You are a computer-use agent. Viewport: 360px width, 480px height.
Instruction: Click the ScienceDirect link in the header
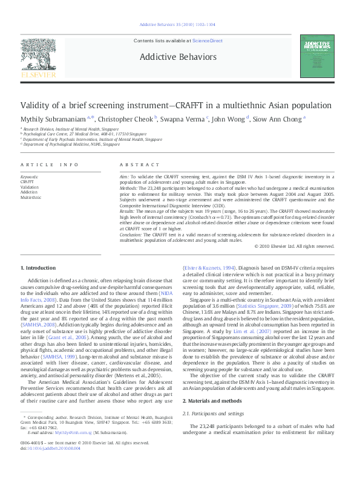(208, 41)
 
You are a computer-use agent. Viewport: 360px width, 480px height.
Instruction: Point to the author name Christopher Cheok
(125, 120)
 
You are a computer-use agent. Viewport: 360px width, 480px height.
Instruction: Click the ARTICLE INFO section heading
(50, 164)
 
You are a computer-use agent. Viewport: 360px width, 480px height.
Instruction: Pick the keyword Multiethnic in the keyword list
(31, 197)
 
